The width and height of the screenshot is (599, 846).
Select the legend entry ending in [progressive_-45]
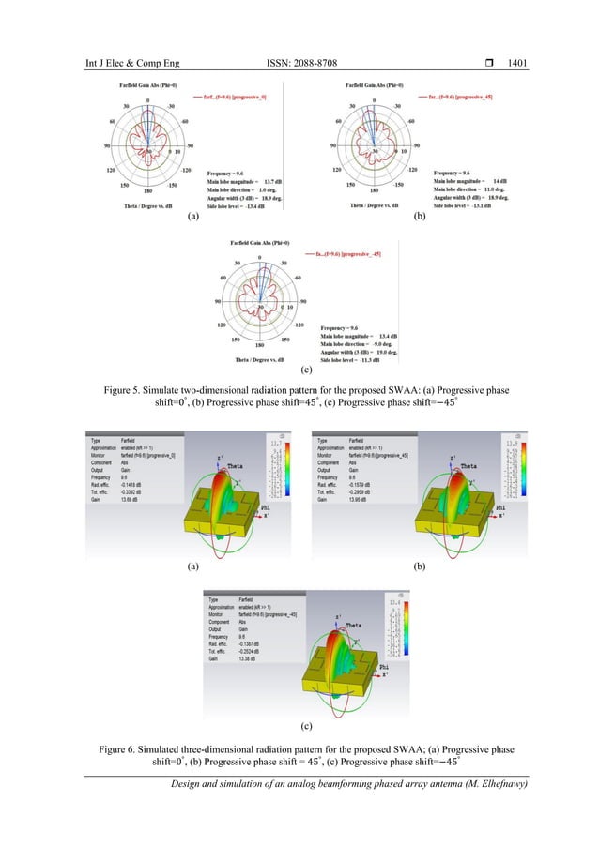(362, 254)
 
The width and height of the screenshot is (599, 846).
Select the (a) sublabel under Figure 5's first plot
(192, 217)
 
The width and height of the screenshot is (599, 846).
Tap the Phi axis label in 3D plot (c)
(385, 666)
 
